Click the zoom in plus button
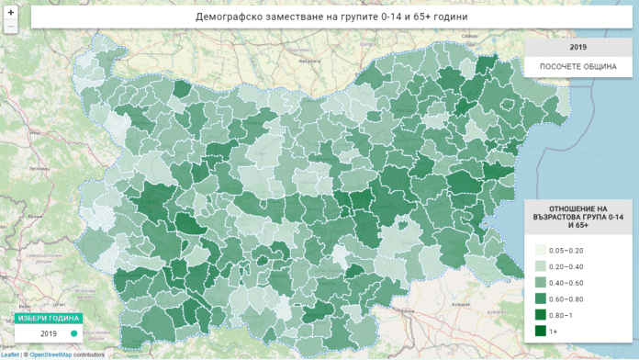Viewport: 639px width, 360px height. [x=11, y=13]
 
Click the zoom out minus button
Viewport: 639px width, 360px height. [x=11, y=28]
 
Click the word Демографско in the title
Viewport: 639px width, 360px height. [x=230, y=17]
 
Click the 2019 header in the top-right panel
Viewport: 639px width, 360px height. [x=578, y=47]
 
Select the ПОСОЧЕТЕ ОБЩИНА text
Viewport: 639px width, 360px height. [x=578, y=66]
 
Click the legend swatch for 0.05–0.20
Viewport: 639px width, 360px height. [x=542, y=250]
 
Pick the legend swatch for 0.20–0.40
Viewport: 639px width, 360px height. [x=542, y=266]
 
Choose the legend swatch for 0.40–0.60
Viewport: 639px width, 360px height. [x=542, y=282]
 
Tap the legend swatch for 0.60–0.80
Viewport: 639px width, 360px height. [x=542, y=298]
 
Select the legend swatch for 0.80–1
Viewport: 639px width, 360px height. [x=542, y=314]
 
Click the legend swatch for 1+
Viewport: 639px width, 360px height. [x=542, y=330]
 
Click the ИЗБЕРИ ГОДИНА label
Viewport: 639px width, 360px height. [x=42, y=318]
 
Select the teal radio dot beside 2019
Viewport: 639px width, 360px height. [x=73, y=333]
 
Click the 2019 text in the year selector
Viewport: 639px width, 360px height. [x=49, y=333]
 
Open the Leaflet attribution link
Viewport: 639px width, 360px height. [x=10, y=354]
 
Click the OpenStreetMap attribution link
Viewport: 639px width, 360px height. [x=50, y=354]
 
